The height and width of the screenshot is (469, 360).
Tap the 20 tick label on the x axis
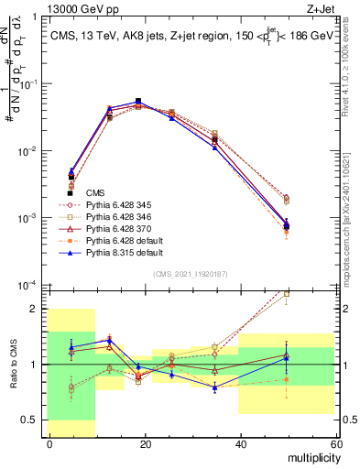pos(145,444)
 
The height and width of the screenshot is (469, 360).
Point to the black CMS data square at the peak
pos(138,101)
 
